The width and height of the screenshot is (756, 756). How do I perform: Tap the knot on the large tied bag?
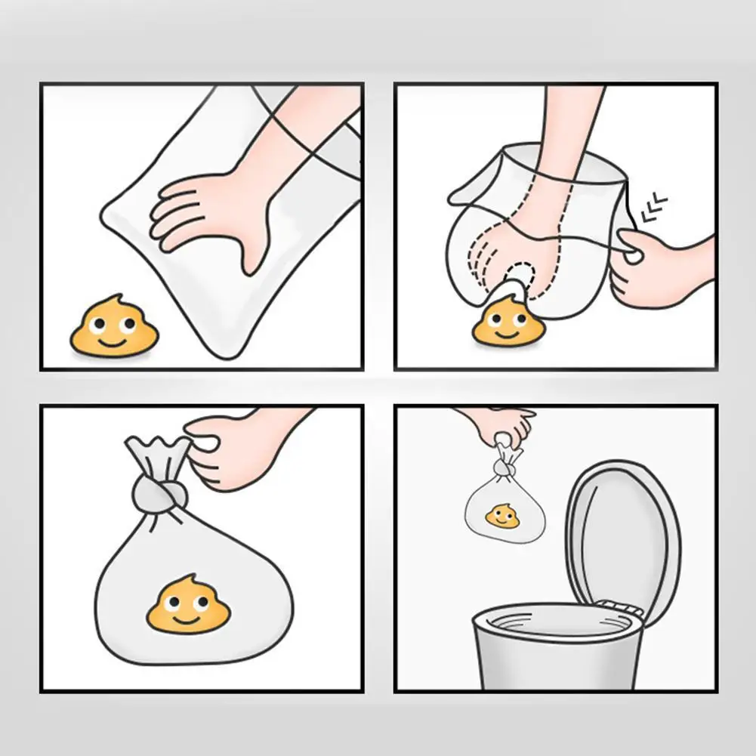coord(159,495)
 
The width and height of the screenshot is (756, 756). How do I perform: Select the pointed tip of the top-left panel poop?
coord(115,299)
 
